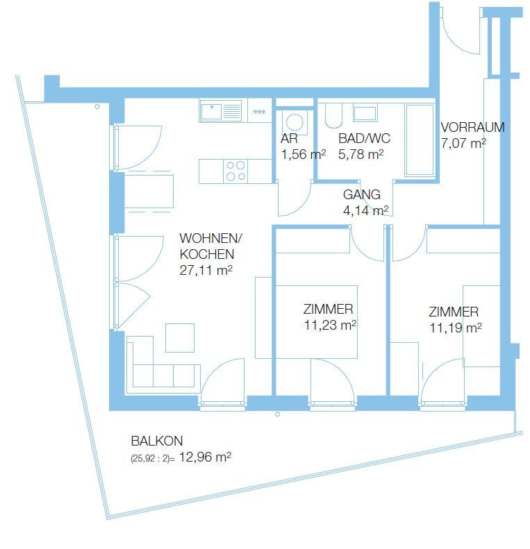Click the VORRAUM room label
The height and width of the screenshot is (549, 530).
click(x=472, y=127)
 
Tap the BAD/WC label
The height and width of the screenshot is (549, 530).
click(x=364, y=139)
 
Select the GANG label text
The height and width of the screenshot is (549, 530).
click(x=362, y=194)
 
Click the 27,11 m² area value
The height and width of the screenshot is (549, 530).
click(x=206, y=270)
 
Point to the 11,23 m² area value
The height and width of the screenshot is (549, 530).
click(x=330, y=325)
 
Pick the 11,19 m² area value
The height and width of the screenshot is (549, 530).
click(x=456, y=328)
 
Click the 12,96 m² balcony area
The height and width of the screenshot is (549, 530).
click(x=205, y=457)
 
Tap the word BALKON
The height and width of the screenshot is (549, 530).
click(x=157, y=441)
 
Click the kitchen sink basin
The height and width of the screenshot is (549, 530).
click(x=211, y=111)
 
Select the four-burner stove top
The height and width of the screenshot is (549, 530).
click(x=235, y=171)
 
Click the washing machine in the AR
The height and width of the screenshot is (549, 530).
click(x=295, y=123)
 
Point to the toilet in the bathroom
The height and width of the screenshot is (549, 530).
click(x=333, y=115)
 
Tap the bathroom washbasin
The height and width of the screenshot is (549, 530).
click(x=365, y=113)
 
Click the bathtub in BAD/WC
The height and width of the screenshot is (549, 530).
click(x=420, y=140)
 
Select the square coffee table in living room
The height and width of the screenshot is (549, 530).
click(x=180, y=338)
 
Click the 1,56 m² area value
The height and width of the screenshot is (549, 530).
click(x=304, y=154)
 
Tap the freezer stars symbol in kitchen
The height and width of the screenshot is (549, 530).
click(x=259, y=112)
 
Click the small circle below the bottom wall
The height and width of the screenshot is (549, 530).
click(x=278, y=414)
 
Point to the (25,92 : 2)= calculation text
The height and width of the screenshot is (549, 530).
click(x=153, y=459)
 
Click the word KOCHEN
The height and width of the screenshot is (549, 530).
click(x=207, y=254)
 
